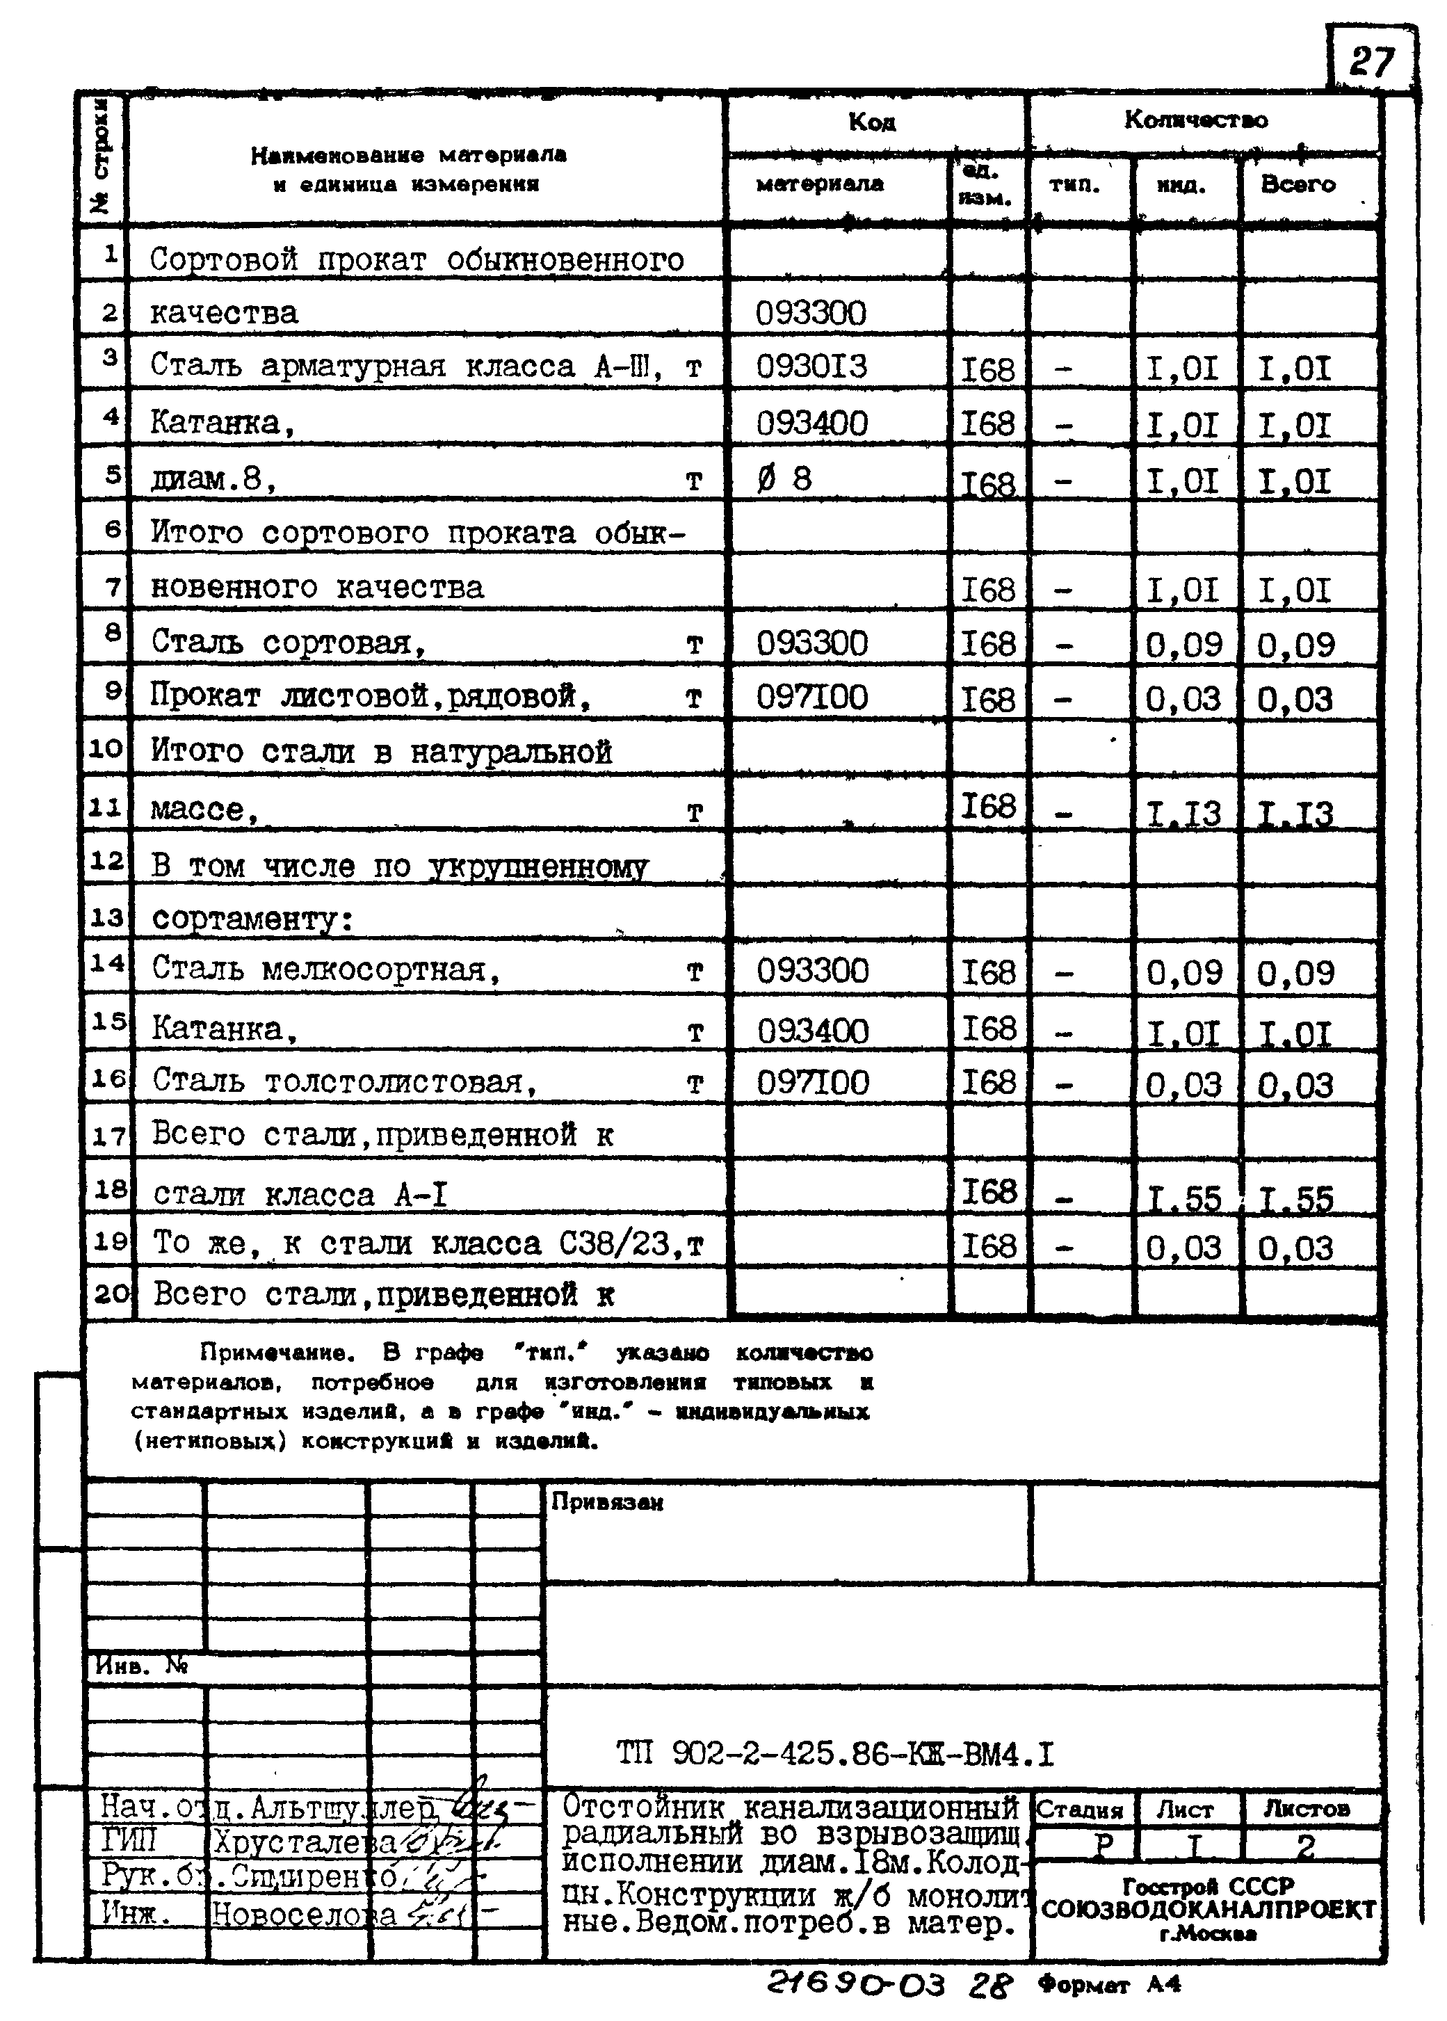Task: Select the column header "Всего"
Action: pos(1298,184)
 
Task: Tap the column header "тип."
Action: pos(1074,184)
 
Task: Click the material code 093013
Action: pos(811,367)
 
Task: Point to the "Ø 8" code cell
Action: pos(784,479)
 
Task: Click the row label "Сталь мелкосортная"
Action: pos(325,969)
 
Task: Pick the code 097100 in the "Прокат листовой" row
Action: pos(811,698)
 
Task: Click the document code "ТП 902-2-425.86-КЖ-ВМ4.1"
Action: pos(835,1754)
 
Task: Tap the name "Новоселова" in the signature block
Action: pos(303,1913)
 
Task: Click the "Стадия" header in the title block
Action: pos(1079,1810)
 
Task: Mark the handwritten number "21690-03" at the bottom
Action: pos(855,1984)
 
